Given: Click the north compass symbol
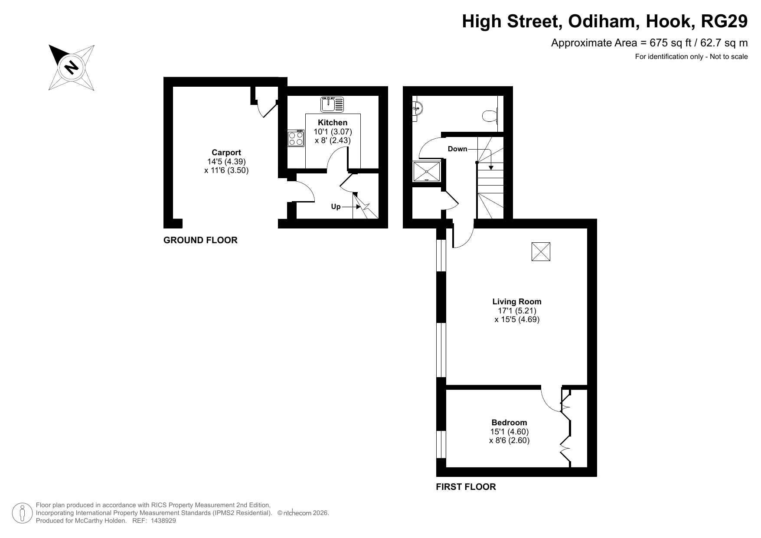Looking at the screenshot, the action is pyautogui.click(x=72, y=67).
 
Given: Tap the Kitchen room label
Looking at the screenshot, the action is pyautogui.click(x=333, y=123).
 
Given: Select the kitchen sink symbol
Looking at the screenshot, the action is pyautogui.click(x=332, y=104).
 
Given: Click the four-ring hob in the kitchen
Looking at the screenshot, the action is pyautogui.click(x=296, y=138).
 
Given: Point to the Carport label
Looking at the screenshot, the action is pyautogui.click(x=226, y=153).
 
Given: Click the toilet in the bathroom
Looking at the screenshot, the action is pyautogui.click(x=490, y=116).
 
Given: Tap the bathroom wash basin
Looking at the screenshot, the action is pyautogui.click(x=417, y=108).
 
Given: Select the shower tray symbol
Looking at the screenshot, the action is pyautogui.click(x=427, y=172).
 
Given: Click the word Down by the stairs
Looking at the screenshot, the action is pyautogui.click(x=457, y=149).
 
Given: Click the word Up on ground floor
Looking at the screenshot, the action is pyautogui.click(x=336, y=207).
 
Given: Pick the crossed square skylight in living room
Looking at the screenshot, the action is pyautogui.click(x=541, y=252).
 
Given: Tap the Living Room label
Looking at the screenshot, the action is pyautogui.click(x=517, y=302).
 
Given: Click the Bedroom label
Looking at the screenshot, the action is pyautogui.click(x=509, y=423).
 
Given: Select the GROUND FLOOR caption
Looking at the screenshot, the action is pyautogui.click(x=200, y=240).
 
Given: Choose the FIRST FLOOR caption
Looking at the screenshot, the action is pyautogui.click(x=466, y=487).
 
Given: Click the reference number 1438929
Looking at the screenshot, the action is pyautogui.click(x=163, y=521).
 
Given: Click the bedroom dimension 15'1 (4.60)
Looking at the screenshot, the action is pyautogui.click(x=510, y=432).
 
